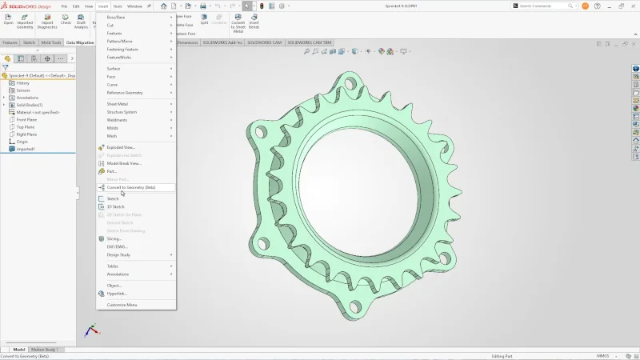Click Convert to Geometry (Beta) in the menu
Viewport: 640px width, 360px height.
(131, 187)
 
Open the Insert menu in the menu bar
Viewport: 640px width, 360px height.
(103, 6)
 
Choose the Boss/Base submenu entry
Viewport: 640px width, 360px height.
(117, 17)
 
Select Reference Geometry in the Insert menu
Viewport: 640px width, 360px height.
(125, 93)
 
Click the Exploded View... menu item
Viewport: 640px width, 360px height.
(121, 147)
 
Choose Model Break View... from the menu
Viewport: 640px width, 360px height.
(124, 163)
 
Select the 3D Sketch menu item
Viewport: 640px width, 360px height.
(116, 206)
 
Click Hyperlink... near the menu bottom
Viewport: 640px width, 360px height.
(117, 294)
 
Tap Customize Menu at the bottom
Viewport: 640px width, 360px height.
(122, 305)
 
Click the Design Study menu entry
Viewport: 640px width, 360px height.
(118, 255)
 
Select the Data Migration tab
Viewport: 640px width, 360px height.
(80, 42)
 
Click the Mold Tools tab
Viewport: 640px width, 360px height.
(51, 42)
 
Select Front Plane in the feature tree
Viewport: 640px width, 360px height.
(26, 119)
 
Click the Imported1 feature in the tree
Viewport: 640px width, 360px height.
(26, 149)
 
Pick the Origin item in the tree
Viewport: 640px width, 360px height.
(22, 142)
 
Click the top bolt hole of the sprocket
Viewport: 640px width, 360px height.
(350, 82)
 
